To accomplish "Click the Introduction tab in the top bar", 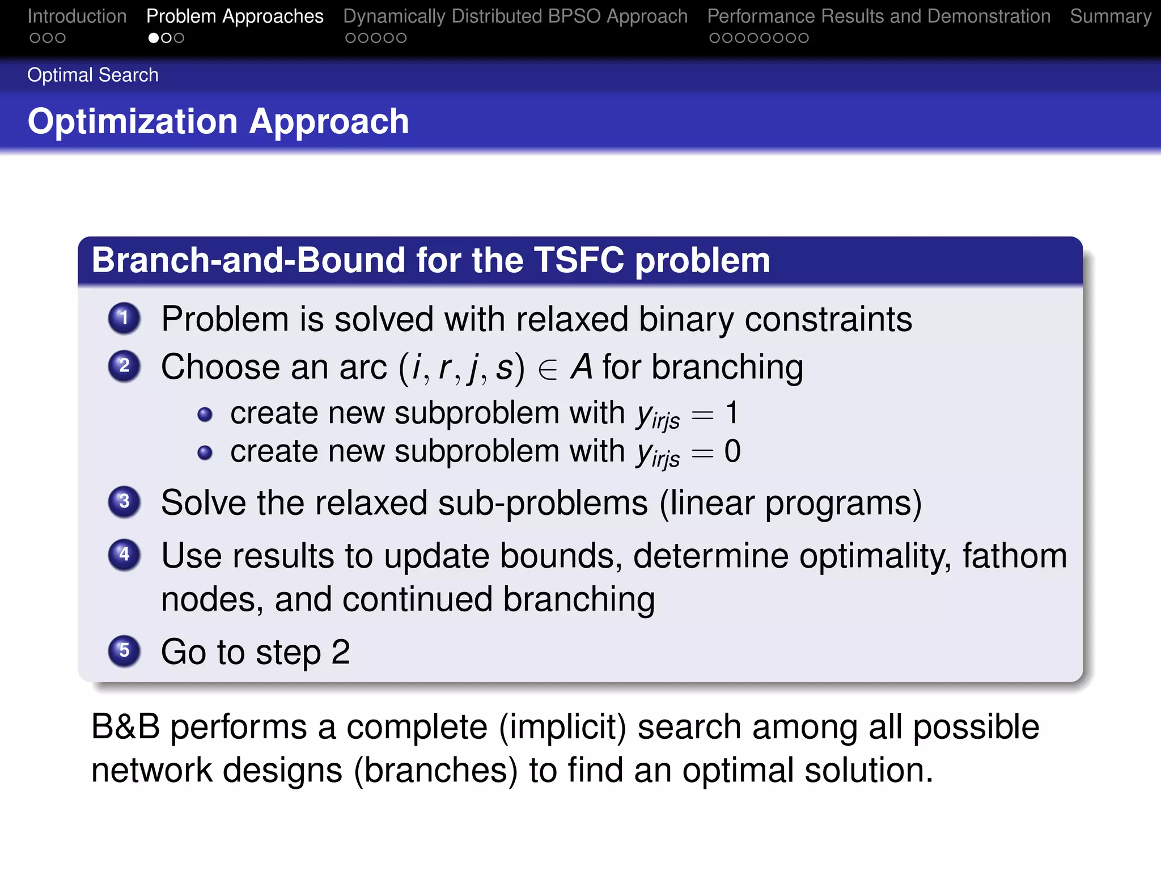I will (77, 16).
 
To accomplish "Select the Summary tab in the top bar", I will (1110, 16).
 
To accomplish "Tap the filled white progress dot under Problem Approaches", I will (154, 38).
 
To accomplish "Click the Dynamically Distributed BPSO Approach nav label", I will (515, 16).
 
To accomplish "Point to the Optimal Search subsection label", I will (93, 75).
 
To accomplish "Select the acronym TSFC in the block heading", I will (579, 260).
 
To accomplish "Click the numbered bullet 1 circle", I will (124, 318).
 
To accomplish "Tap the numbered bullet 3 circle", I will (124, 502).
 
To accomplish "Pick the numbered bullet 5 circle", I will (124, 650).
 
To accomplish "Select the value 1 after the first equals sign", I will (732, 412).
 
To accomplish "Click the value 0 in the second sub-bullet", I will (732, 451).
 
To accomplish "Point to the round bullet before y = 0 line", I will (205, 453).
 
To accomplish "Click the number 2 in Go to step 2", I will (340, 652).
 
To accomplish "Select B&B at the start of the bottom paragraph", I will (125, 726).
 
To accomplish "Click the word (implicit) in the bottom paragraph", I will (562, 726).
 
